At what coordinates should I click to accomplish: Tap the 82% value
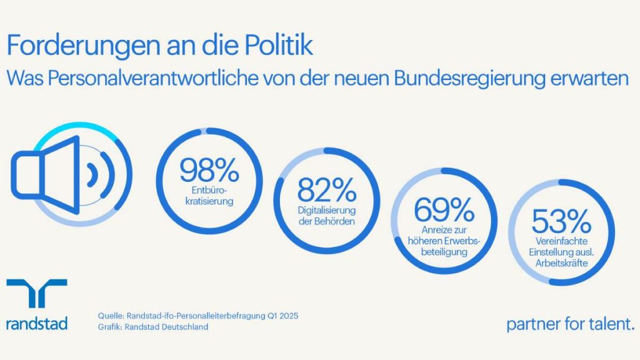coord(327,190)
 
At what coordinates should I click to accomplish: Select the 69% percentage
coord(443,211)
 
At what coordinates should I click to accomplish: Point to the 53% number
coord(561,222)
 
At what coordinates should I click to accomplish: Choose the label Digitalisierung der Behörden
coord(327,217)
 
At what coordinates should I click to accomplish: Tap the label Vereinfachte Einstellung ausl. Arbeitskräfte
coord(561,252)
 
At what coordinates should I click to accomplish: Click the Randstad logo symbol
coord(37,294)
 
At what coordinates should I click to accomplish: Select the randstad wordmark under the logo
coord(37,323)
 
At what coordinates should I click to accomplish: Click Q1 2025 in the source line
coord(282,316)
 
